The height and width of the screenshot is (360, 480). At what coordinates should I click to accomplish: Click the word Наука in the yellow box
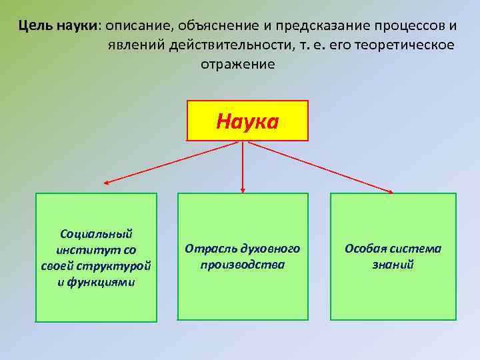click(247, 121)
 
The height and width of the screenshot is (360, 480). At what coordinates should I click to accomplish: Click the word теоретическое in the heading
click(402, 45)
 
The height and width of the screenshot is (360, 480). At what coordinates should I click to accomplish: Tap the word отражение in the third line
click(238, 64)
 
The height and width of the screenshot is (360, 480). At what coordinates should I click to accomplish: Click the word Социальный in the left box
click(96, 233)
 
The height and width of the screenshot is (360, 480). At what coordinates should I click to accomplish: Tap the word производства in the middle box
click(242, 265)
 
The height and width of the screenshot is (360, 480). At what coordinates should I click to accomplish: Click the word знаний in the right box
click(393, 265)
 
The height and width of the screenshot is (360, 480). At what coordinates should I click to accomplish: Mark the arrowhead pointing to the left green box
click(106, 182)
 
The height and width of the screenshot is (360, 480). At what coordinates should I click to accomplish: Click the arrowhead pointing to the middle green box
click(242, 191)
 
